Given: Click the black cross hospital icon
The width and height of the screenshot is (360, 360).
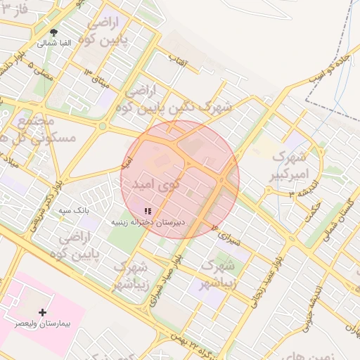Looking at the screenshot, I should pyautogui.click(x=42, y=311).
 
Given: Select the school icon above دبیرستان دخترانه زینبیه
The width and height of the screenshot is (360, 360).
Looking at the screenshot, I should pyautogui.click(x=147, y=210).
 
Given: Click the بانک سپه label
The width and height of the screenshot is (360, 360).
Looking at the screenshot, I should pyautogui.click(x=71, y=210).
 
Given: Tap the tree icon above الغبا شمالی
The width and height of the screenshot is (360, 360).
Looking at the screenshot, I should pyautogui.click(x=55, y=32).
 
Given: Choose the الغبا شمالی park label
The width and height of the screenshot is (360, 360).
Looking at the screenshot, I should pyautogui.click(x=55, y=43).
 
